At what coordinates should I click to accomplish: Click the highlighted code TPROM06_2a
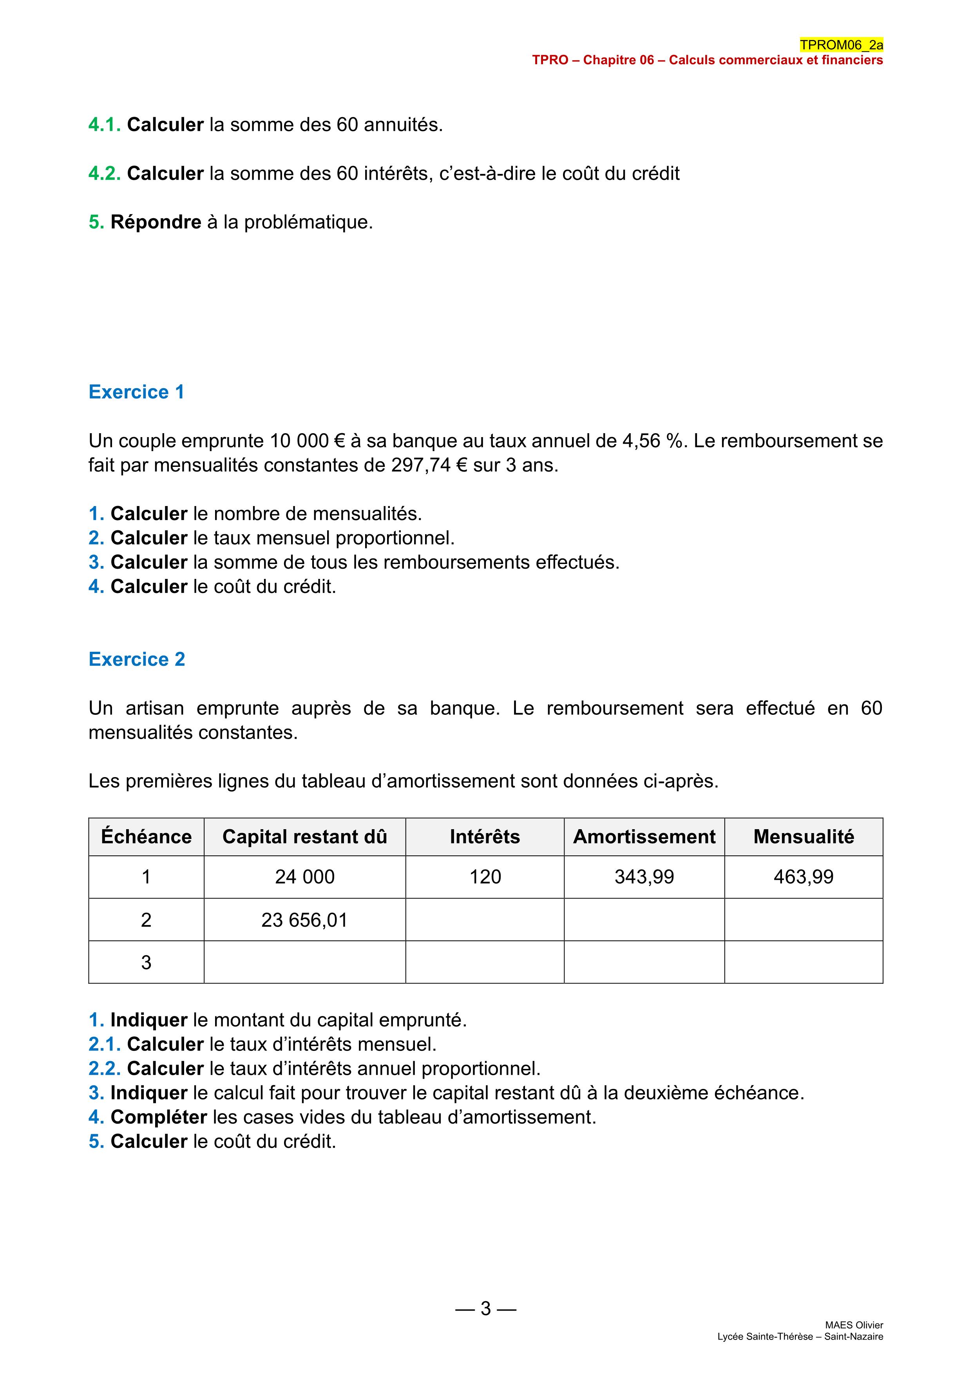pyautogui.click(x=841, y=45)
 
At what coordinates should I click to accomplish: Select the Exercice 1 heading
pyautogui.click(x=136, y=392)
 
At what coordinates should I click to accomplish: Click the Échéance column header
pyautogui.click(x=146, y=837)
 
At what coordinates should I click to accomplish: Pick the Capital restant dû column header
pyautogui.click(x=305, y=837)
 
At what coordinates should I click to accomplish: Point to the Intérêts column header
pyautogui.click(x=485, y=837)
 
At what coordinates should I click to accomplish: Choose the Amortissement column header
pyautogui.click(x=644, y=837)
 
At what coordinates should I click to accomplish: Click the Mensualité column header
pyautogui.click(x=803, y=837)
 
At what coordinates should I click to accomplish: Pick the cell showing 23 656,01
pyautogui.click(x=305, y=920)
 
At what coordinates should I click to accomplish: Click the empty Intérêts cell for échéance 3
pyautogui.click(x=485, y=962)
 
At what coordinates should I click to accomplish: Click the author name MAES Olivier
pyautogui.click(x=854, y=1325)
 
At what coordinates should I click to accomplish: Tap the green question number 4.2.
pyautogui.click(x=105, y=174)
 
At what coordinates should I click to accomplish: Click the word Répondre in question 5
pyautogui.click(x=156, y=222)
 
